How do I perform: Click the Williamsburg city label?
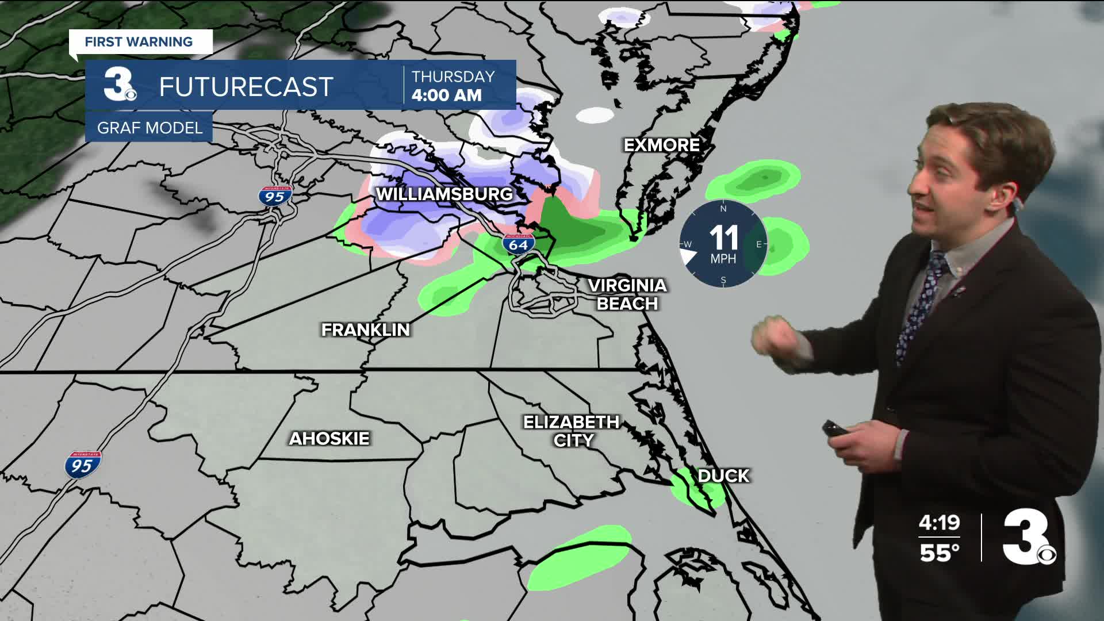pos(444,194)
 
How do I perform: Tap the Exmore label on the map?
pos(662,145)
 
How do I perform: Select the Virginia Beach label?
pos(627,294)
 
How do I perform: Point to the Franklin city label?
pos(366,329)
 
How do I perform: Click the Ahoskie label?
pos(329,439)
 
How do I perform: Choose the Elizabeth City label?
pos(571,431)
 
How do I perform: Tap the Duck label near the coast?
pos(723,476)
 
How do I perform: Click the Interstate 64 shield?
pos(518,244)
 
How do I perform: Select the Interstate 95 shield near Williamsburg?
pos(275,196)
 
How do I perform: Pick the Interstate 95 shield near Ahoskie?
pos(82,465)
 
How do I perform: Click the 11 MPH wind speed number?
pos(723,237)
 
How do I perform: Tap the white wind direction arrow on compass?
pos(688,255)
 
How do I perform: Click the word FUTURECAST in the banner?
pos(246,87)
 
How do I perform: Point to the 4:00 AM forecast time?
pos(447,95)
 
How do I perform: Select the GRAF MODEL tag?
pos(149,128)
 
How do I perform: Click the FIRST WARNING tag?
pos(139,42)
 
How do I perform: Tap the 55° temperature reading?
pos(939,553)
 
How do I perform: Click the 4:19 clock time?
pos(939,523)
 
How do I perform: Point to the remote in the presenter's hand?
pos(831,429)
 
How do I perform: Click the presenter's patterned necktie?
pos(921,305)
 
